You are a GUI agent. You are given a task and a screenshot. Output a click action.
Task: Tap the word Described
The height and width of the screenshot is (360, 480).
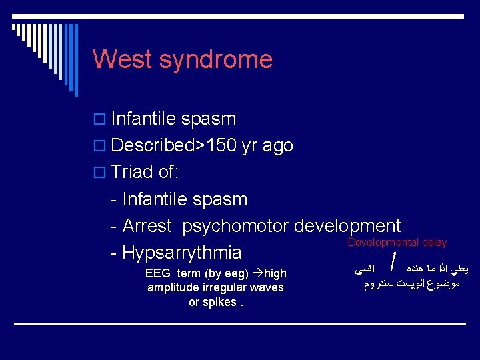point(151,145)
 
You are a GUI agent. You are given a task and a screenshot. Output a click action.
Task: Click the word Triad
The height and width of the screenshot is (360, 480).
point(133,172)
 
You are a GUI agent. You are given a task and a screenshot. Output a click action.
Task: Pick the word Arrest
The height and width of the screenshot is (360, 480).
point(147,226)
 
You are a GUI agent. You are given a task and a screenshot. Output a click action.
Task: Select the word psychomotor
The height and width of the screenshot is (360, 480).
point(235,227)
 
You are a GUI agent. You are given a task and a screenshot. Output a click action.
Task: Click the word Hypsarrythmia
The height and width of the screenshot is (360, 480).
point(182,253)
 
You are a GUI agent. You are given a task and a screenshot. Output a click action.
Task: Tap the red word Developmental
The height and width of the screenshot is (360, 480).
point(383,243)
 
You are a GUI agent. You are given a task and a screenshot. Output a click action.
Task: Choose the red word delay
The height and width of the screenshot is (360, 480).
point(434,243)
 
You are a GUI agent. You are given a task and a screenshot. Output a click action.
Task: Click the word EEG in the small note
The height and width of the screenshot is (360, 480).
point(157,273)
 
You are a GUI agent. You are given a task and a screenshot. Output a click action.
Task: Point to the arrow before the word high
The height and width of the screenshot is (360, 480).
point(258,273)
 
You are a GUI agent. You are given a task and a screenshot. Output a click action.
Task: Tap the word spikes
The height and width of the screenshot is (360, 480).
point(219,302)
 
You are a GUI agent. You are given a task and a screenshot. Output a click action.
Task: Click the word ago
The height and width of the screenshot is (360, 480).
point(278,146)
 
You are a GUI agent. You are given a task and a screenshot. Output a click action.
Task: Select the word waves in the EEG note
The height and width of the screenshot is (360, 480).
point(268,287)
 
